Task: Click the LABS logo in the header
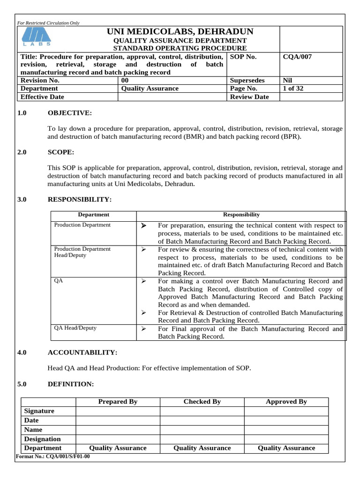pos(37,37)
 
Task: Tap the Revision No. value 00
pos(125,80)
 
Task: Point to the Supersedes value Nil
pos(288,80)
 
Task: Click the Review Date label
pos(249,97)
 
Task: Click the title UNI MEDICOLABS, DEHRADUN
pos(180,32)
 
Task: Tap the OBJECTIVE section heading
pos(70,113)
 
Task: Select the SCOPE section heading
pos(61,152)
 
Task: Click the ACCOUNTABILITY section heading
pos(82,352)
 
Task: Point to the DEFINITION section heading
pos(71,384)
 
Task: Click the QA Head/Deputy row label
pos(75,328)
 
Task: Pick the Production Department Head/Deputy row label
pos(82,252)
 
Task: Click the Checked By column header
pos(202,402)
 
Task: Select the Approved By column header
pos(286,402)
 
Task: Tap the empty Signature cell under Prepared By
pos(118,411)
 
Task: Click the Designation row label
pos(42,439)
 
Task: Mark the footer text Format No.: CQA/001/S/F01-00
pos(53,457)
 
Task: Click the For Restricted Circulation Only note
pos(48,22)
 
